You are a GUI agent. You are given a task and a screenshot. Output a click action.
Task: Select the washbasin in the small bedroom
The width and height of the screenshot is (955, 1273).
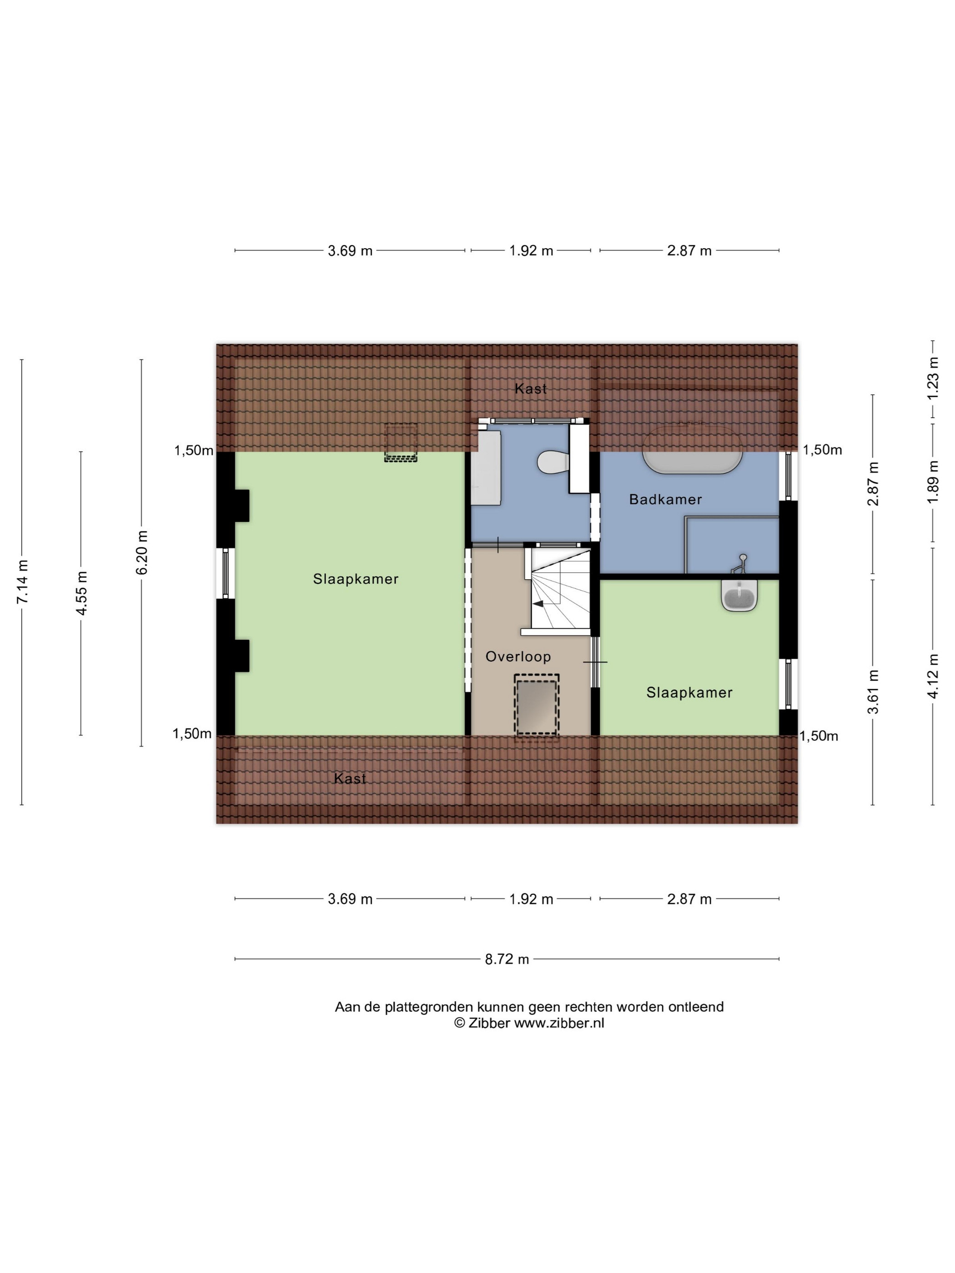pyautogui.click(x=739, y=595)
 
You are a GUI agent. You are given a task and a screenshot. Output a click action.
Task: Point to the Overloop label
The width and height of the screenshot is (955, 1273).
pyautogui.click(x=518, y=657)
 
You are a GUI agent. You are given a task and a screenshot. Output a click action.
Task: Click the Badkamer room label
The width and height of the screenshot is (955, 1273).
pyautogui.click(x=665, y=500)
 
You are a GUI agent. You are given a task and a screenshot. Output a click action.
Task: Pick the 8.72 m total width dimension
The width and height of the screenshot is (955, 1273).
pyautogui.click(x=507, y=959)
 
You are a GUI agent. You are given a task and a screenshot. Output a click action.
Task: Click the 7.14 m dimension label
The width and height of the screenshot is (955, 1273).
pyautogui.click(x=22, y=582)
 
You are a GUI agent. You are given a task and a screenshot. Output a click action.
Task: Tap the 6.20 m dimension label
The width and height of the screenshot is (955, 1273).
pyautogui.click(x=141, y=552)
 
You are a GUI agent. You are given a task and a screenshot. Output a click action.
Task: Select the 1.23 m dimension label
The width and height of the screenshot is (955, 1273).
pyautogui.click(x=933, y=378)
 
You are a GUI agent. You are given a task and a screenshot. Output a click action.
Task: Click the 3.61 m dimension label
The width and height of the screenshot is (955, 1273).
pyautogui.click(x=873, y=692)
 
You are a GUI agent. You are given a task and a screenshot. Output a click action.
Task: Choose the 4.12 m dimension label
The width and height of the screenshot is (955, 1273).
pyautogui.click(x=933, y=676)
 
